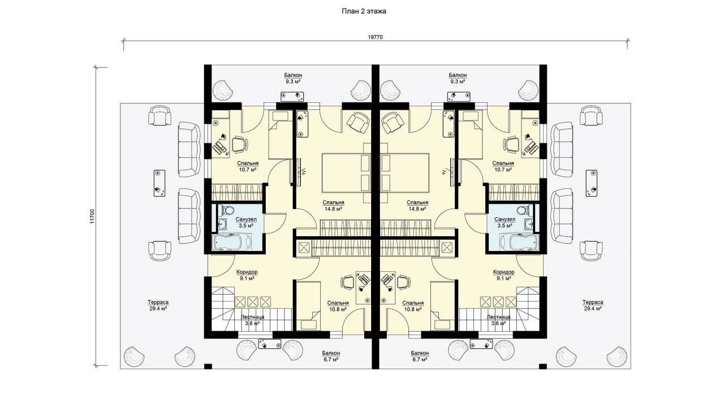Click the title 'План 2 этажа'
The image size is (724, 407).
(364, 12)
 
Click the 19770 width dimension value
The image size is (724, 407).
(375, 37)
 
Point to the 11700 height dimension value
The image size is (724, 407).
(92, 217)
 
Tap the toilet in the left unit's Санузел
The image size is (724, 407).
(229, 210)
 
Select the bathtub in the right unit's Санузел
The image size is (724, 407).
(519, 243)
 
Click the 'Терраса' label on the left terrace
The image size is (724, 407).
(158, 302)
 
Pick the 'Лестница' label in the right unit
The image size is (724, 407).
(499, 317)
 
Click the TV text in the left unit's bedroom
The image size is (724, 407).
(304, 172)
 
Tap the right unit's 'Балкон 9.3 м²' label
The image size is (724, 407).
(458, 78)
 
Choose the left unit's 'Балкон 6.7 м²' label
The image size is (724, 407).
(331, 356)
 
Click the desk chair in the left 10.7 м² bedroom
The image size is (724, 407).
(240, 144)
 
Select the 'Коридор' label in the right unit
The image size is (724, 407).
(504, 272)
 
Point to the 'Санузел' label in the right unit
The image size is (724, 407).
(505, 219)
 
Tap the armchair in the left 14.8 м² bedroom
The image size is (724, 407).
(358, 123)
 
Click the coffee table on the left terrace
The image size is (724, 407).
(160, 183)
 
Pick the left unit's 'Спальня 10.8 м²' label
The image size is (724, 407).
(338, 306)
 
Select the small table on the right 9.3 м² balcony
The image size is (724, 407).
(459, 97)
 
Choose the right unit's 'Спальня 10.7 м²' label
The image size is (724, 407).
(503, 166)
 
